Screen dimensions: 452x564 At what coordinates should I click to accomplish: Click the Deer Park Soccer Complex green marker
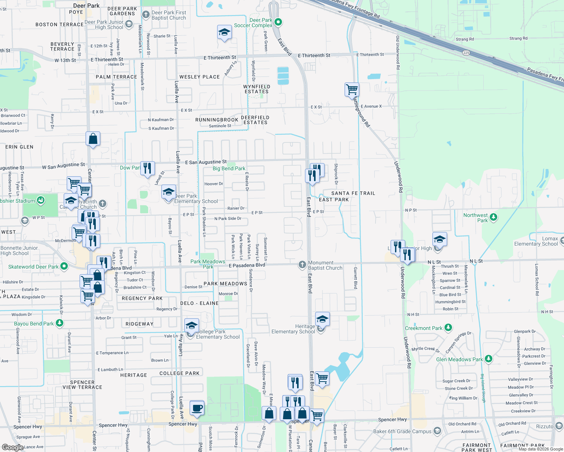point(278,22)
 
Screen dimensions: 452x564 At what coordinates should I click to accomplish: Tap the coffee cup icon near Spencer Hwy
point(197,408)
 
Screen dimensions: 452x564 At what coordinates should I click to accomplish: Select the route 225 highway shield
point(466,53)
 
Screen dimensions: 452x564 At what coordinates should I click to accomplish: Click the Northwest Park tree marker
point(493,217)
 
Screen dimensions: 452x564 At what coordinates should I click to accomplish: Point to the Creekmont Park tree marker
point(448,328)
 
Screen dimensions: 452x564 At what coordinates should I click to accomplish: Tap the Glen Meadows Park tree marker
point(489,359)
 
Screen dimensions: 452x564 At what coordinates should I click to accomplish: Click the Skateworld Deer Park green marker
point(64,266)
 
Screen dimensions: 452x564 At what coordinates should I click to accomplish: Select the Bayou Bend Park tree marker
point(60,323)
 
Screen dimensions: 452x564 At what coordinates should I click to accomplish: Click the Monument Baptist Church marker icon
point(302,265)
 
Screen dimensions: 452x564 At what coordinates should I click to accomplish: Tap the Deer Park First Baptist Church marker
point(146,15)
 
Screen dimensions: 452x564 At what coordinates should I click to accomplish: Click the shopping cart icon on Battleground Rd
point(352,90)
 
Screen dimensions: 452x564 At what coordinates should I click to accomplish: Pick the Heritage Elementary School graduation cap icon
point(322,319)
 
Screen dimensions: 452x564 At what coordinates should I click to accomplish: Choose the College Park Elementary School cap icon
point(192,325)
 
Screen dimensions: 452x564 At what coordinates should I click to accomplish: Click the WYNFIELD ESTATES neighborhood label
point(257,89)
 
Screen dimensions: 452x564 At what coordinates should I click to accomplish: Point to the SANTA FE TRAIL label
point(353,193)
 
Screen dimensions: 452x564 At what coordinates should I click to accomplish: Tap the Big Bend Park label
point(229,168)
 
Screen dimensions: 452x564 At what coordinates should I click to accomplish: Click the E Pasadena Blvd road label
point(247,265)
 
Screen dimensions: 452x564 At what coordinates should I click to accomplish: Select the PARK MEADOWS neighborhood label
point(225,284)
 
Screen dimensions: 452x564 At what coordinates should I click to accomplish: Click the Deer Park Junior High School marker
point(129,24)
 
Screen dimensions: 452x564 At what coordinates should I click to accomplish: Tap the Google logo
point(12,447)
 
